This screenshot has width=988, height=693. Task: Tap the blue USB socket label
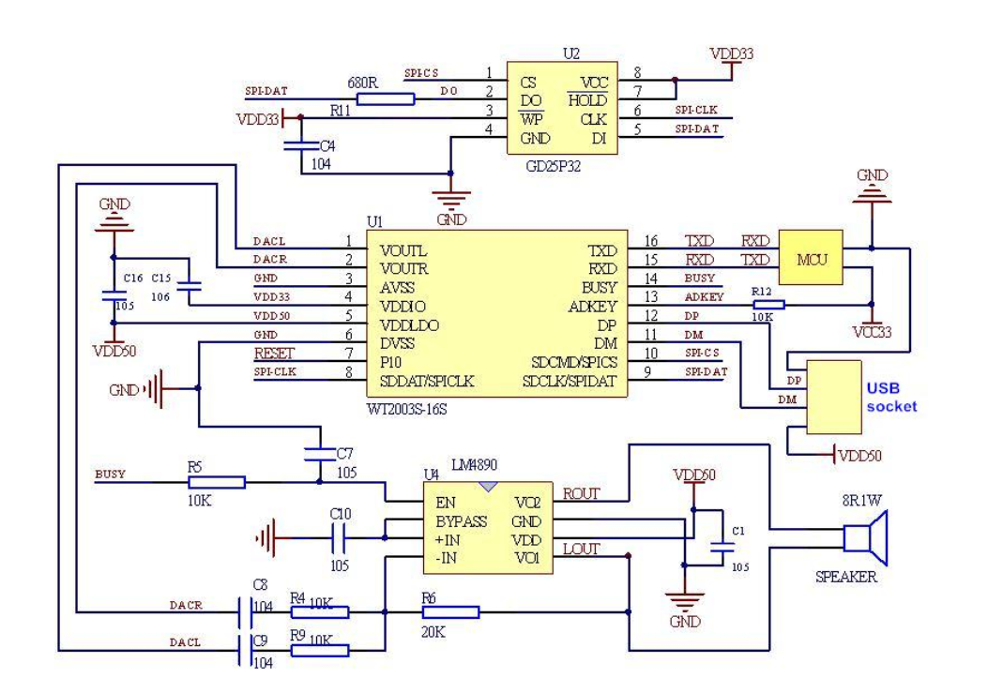889,397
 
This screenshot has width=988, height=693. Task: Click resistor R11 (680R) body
386,98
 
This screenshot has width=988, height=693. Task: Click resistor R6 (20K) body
450,612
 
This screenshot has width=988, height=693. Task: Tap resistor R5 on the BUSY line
217,482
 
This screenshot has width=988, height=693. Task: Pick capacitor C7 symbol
321,454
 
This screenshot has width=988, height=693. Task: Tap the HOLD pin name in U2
586,100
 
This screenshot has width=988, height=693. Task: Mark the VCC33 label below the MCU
871,330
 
